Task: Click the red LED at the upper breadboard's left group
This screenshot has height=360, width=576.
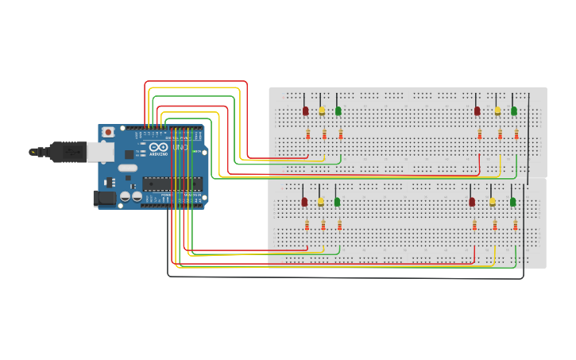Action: click(305, 110)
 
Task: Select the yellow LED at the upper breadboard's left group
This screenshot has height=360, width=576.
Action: click(322, 110)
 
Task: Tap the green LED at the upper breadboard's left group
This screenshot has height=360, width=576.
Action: click(338, 110)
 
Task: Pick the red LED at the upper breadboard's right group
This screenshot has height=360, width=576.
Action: click(477, 110)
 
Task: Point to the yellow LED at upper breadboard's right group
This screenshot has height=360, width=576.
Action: click(498, 110)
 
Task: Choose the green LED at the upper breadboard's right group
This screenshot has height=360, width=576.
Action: click(514, 110)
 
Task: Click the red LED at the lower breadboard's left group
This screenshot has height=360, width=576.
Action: click(304, 202)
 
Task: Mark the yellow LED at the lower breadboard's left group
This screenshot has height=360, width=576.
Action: click(321, 202)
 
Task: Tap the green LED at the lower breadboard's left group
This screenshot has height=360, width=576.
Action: click(337, 202)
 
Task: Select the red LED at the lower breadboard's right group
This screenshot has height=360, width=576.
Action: click(472, 202)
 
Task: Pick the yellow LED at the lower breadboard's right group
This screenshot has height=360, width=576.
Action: click(493, 202)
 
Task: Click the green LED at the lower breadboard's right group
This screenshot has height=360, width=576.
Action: click(513, 202)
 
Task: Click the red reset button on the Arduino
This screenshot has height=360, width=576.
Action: click(107, 132)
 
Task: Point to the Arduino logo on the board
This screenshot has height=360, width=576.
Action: click(158, 147)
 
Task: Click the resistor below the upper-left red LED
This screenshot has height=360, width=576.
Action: click(307, 134)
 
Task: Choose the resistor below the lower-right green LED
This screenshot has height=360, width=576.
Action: click(516, 226)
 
